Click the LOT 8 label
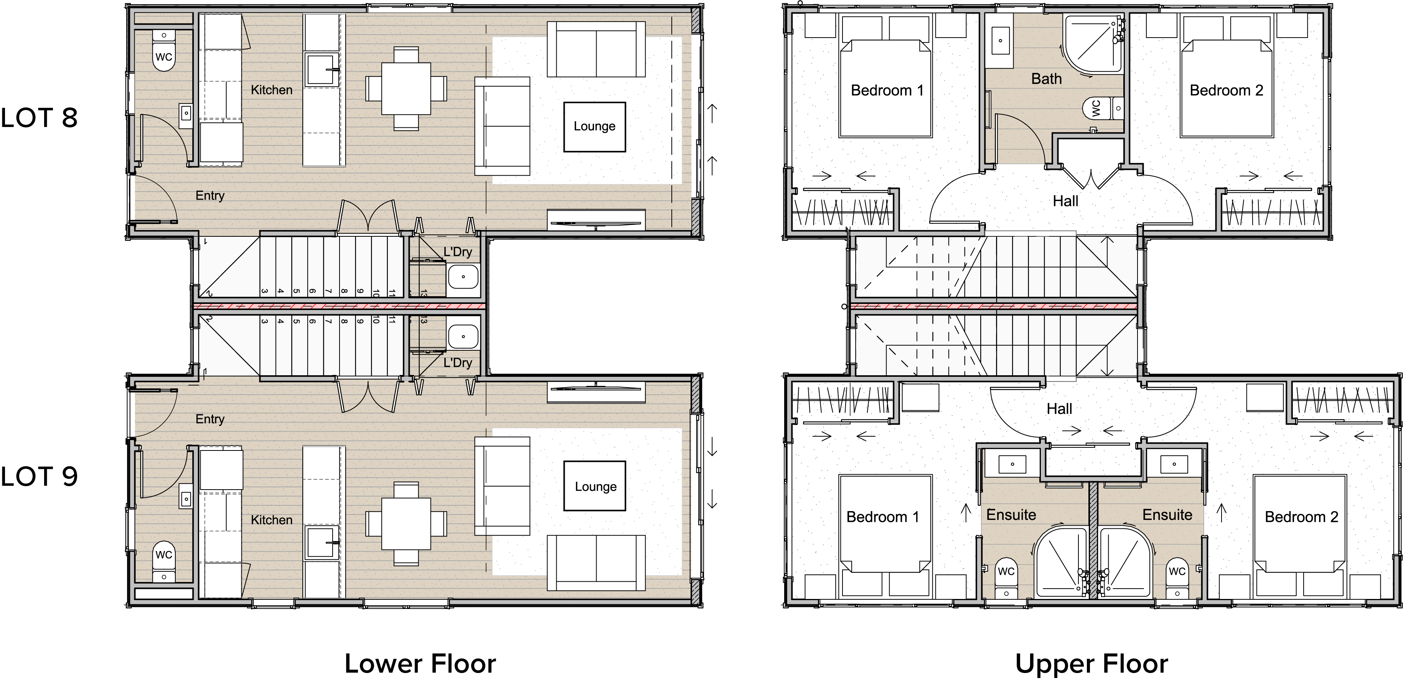coord(39,118)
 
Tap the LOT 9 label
coord(39,477)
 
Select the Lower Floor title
coord(420,663)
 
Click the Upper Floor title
coord(1092,663)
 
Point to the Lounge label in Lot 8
coord(594,126)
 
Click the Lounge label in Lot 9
coord(595,487)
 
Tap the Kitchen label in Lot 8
coord(271,90)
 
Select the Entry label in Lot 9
coord(210,419)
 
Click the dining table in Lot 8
coord(406,89)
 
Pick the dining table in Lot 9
coord(406,523)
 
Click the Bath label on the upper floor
coord(1046,79)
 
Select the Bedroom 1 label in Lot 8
coord(887,91)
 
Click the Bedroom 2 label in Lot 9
coord(1301,517)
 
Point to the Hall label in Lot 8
coord(1065,201)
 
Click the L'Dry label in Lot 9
coord(457,363)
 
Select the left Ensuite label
coord(1011,515)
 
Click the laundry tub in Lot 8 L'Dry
coord(463,276)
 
